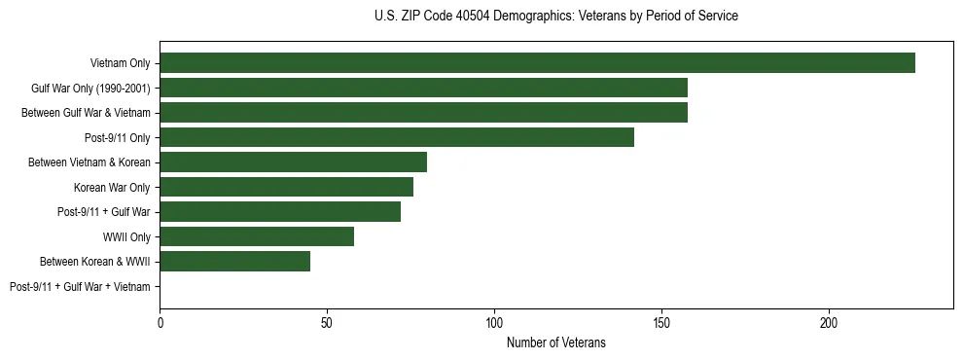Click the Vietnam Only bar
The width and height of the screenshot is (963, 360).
click(x=537, y=63)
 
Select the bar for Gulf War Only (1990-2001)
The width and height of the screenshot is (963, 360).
click(x=423, y=88)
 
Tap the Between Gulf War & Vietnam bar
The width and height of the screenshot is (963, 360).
click(x=423, y=113)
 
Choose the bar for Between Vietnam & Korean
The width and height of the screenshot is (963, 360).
click(x=293, y=162)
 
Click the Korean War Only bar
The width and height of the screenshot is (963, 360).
click(x=286, y=187)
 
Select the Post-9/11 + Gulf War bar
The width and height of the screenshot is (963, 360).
click(x=280, y=211)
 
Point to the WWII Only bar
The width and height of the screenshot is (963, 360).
click(x=257, y=236)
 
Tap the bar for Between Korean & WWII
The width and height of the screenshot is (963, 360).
click(x=235, y=261)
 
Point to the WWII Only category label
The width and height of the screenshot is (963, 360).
click(x=126, y=236)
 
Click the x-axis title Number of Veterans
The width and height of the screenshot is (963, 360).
click(x=556, y=342)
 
